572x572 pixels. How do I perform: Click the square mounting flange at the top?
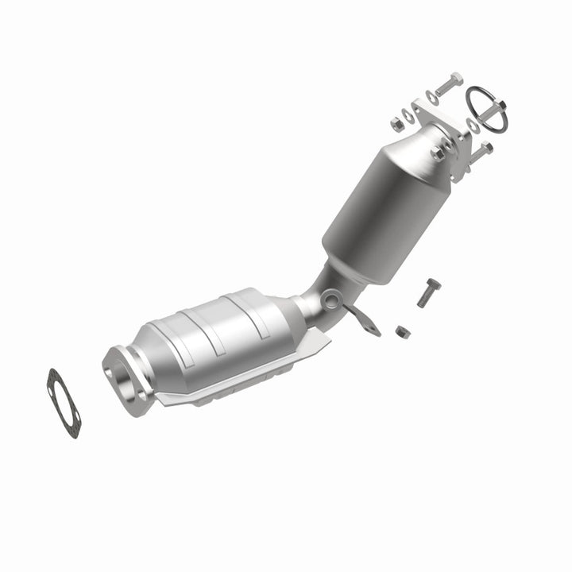441,127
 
